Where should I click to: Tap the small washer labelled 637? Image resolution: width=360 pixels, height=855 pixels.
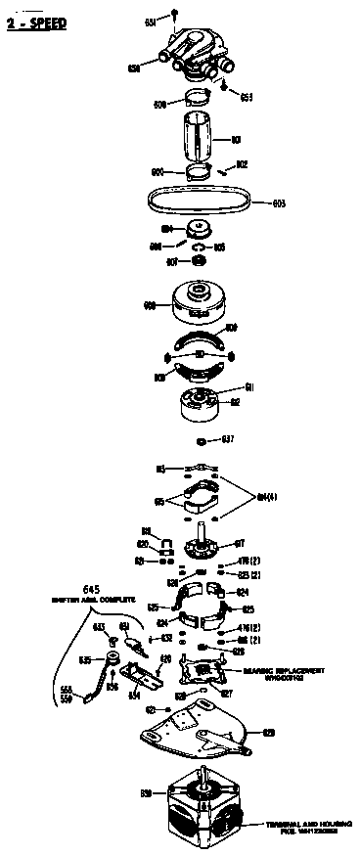[x=201, y=437]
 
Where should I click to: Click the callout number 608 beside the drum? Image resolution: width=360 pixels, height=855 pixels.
[x=151, y=306]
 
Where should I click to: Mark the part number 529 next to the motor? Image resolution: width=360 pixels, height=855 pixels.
[x=146, y=792]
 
